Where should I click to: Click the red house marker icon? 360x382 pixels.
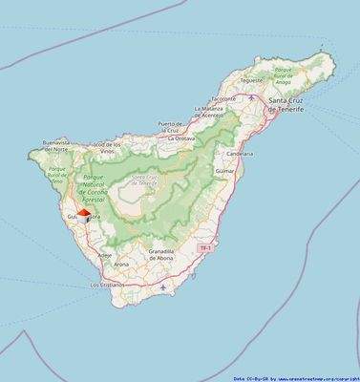(83, 215)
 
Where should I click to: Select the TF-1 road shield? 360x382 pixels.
(203, 248)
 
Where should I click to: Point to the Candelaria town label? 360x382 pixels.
(240, 152)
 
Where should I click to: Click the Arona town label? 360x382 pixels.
(121, 264)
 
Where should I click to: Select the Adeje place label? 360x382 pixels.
(105, 255)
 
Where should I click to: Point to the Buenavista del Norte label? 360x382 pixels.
(56, 146)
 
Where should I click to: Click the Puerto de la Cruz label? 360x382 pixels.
(170, 127)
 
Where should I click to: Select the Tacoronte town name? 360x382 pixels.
(222, 98)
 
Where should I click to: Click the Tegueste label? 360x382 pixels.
(250, 81)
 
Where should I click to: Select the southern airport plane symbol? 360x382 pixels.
(164, 286)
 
